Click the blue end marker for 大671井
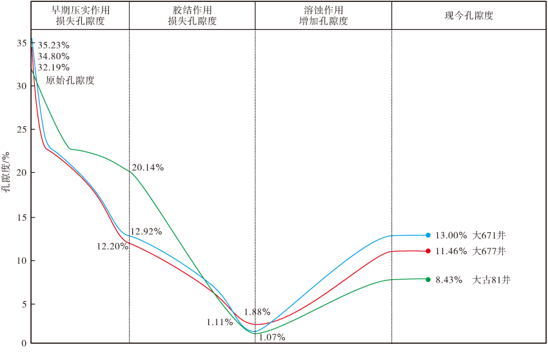(428, 235)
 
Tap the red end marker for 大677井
(428, 251)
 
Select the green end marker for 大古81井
(428, 279)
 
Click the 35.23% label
(54, 46)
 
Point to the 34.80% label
(54, 56)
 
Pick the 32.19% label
(54, 67)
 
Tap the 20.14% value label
(148, 168)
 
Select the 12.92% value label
(146, 231)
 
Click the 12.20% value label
(112, 246)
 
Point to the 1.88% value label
(257, 312)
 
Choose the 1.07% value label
(271, 337)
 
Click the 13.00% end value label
(451, 235)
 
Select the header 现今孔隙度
(469, 15)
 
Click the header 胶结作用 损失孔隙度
(192, 15)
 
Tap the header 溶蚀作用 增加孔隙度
(324, 15)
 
